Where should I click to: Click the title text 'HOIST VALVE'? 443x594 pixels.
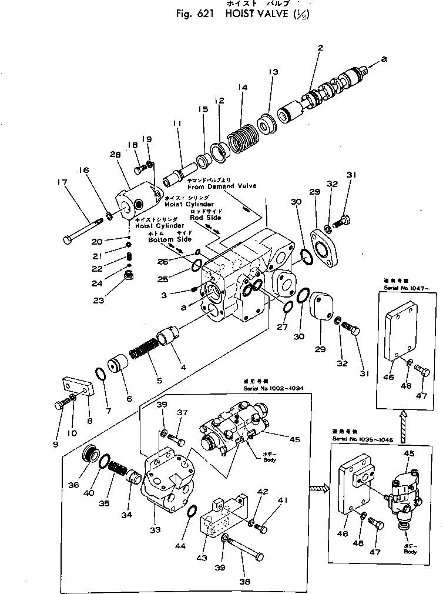259,14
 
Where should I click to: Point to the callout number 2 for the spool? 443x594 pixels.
320,48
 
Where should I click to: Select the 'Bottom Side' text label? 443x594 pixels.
169,240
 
